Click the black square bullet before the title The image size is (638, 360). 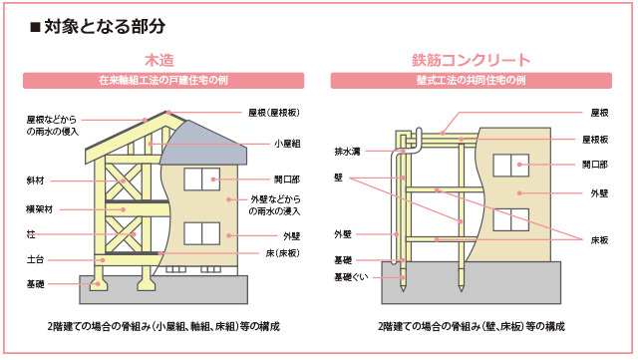(36, 28)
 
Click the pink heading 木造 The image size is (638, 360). (159, 60)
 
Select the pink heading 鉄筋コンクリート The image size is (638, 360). (472, 60)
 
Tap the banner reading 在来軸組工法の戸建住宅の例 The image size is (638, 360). (163, 80)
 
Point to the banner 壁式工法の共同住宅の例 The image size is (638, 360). (472, 80)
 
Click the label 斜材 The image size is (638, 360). (36, 180)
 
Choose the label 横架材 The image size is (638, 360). (40, 209)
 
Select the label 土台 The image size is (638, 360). (36, 259)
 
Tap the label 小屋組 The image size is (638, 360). (287, 144)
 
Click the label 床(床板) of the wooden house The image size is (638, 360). (283, 253)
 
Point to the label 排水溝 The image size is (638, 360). (348, 152)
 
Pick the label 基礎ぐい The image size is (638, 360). (351, 277)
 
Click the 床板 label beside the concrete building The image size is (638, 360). (599, 240)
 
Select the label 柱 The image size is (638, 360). (31, 234)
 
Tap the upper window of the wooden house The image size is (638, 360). (201, 180)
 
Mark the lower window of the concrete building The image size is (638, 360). (511, 219)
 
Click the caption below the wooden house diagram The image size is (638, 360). (163, 327)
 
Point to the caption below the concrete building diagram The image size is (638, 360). (472, 327)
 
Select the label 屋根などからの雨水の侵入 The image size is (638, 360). (53, 126)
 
